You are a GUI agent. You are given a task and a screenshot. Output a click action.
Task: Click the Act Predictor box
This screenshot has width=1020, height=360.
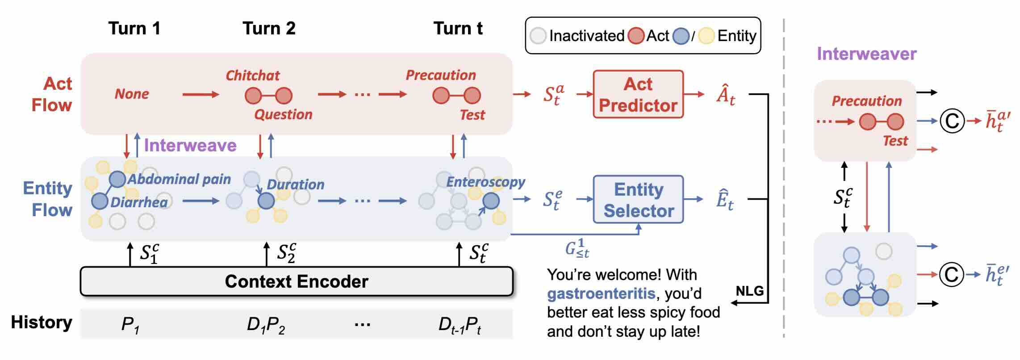[x=638, y=94]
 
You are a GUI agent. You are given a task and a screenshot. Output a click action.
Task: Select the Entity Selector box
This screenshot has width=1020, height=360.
[x=638, y=199]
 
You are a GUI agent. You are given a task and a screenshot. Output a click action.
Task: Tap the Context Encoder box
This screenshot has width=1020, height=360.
[x=297, y=281]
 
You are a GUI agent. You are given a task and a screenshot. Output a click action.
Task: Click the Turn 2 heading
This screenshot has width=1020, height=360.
[x=269, y=29]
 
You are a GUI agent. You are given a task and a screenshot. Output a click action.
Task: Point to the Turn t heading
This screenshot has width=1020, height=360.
[x=458, y=29]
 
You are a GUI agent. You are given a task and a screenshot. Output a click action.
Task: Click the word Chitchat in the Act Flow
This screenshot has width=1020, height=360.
[x=252, y=75]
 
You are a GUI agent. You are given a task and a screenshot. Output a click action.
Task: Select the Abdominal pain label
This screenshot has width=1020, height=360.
[x=179, y=179]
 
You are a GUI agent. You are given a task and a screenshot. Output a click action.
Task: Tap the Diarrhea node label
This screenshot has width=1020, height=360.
[x=139, y=202]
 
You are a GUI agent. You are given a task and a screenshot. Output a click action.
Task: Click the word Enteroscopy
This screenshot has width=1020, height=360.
[x=485, y=182]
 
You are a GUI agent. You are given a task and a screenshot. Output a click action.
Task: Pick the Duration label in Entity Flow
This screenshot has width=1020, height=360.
[x=295, y=184]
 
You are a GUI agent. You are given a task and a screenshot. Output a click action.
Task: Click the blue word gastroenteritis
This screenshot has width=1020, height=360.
[x=601, y=293]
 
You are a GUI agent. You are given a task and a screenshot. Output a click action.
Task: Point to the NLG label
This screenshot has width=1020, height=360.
[x=749, y=291]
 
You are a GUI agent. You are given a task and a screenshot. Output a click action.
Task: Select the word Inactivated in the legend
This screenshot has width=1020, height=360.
[x=586, y=36]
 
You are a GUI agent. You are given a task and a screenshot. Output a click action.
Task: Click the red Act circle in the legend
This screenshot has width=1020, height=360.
[x=635, y=36]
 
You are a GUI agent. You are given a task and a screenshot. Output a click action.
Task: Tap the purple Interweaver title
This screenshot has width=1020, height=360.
[x=866, y=54]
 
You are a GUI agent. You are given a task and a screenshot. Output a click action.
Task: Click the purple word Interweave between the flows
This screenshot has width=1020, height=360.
[x=190, y=146]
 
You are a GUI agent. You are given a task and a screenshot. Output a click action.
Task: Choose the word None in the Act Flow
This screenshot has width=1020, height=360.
[x=132, y=94]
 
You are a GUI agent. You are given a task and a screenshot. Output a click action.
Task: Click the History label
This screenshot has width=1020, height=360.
[x=42, y=322]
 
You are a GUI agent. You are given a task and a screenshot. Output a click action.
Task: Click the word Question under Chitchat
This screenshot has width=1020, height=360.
[x=283, y=115]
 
